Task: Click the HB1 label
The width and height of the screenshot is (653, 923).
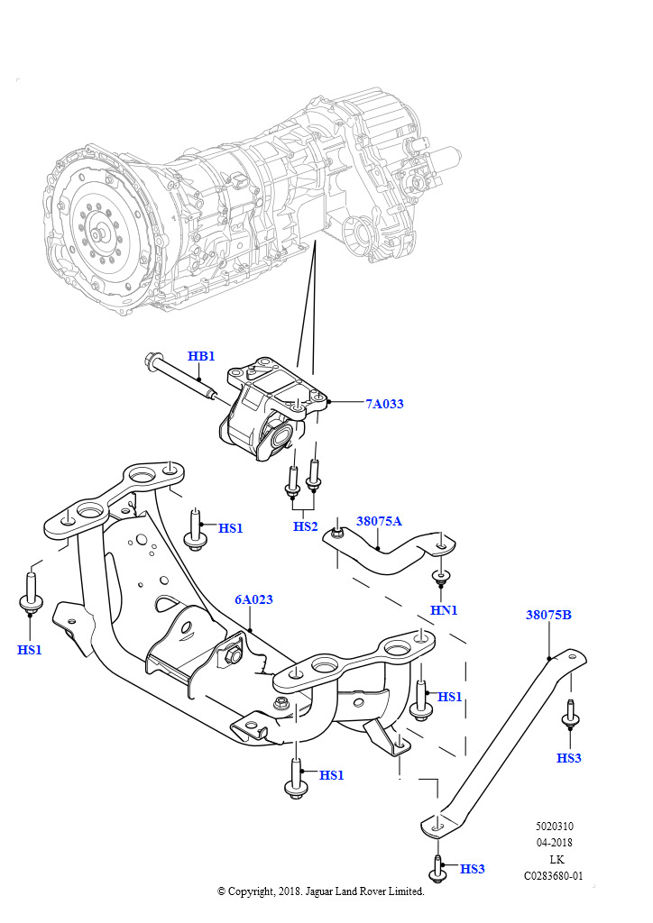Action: click(201, 356)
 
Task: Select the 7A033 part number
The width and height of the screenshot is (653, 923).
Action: click(384, 404)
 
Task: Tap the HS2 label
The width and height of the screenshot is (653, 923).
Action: click(306, 526)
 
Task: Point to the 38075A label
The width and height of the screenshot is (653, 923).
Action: click(379, 521)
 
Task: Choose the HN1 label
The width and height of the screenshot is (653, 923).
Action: click(444, 610)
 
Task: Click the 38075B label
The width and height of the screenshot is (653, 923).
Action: click(548, 616)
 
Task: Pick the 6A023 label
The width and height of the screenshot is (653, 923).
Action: click(253, 599)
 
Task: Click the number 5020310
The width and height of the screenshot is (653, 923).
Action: click(554, 826)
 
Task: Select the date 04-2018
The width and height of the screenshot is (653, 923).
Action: click(554, 843)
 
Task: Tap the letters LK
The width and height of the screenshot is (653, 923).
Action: click(556, 859)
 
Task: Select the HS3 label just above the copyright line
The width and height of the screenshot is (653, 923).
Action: click(472, 869)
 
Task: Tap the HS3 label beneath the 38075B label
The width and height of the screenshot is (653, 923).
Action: click(568, 758)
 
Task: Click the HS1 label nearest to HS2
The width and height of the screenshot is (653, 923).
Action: click(231, 528)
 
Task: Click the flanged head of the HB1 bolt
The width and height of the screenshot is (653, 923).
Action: click(149, 362)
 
